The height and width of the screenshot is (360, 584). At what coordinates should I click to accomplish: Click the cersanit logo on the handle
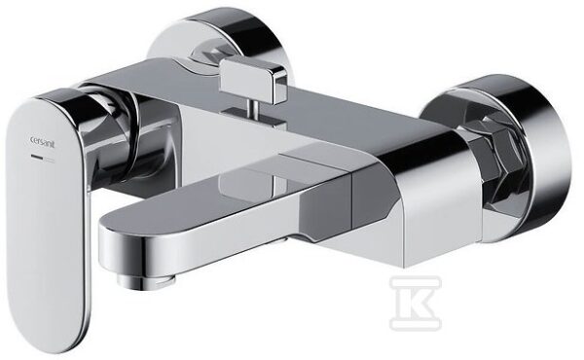[42, 142]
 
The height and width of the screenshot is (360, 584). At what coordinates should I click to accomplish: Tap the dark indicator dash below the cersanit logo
[37, 157]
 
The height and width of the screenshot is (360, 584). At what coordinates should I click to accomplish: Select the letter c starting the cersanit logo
[32, 140]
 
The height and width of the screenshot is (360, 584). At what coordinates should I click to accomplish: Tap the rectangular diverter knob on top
[253, 79]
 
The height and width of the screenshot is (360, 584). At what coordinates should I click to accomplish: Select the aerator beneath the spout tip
[141, 281]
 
